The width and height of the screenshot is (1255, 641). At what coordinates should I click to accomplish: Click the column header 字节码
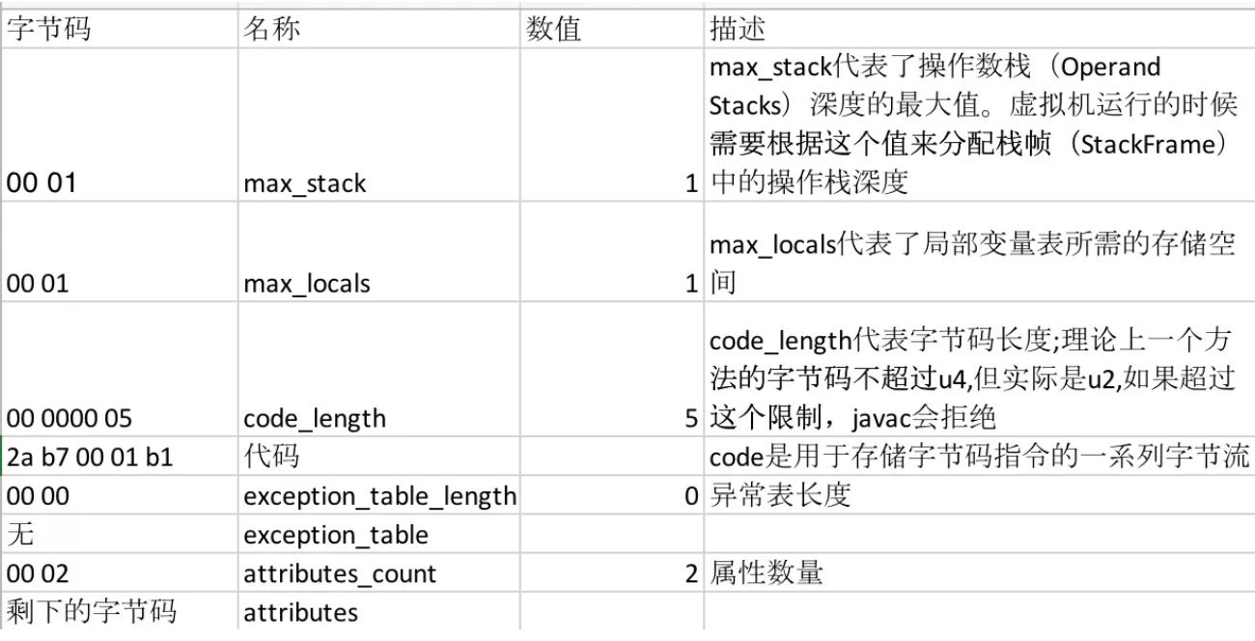tap(48, 28)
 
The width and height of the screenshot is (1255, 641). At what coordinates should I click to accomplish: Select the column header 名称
tap(271, 28)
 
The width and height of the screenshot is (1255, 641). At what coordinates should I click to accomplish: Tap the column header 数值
tap(553, 28)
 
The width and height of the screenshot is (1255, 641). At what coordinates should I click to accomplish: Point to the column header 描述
tap(738, 28)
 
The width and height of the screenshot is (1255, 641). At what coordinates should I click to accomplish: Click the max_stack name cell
tap(305, 183)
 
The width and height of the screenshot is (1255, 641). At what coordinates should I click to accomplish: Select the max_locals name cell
tap(307, 284)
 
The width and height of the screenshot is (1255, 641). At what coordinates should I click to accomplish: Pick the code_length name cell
tap(315, 419)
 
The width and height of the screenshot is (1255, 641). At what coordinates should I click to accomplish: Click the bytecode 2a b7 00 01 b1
tap(90, 458)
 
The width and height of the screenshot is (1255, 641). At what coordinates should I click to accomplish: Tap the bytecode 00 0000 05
tap(69, 419)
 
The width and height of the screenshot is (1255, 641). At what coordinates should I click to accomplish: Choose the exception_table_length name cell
tap(379, 496)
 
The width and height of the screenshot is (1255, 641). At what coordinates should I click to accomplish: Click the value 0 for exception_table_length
tap(691, 496)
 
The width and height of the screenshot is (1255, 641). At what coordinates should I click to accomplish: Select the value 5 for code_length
tap(691, 419)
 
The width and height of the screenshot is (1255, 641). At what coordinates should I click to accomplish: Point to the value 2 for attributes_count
tap(691, 573)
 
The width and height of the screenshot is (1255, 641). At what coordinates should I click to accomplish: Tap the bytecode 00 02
tap(38, 573)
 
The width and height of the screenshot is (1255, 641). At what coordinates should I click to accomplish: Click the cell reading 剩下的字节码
tap(92, 611)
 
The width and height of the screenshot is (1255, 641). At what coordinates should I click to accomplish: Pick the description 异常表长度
tap(780, 495)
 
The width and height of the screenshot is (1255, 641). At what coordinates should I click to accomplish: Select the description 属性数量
tap(766, 572)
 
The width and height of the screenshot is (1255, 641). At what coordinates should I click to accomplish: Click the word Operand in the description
tap(1110, 68)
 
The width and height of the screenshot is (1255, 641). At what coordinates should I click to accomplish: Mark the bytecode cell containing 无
tap(20, 534)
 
